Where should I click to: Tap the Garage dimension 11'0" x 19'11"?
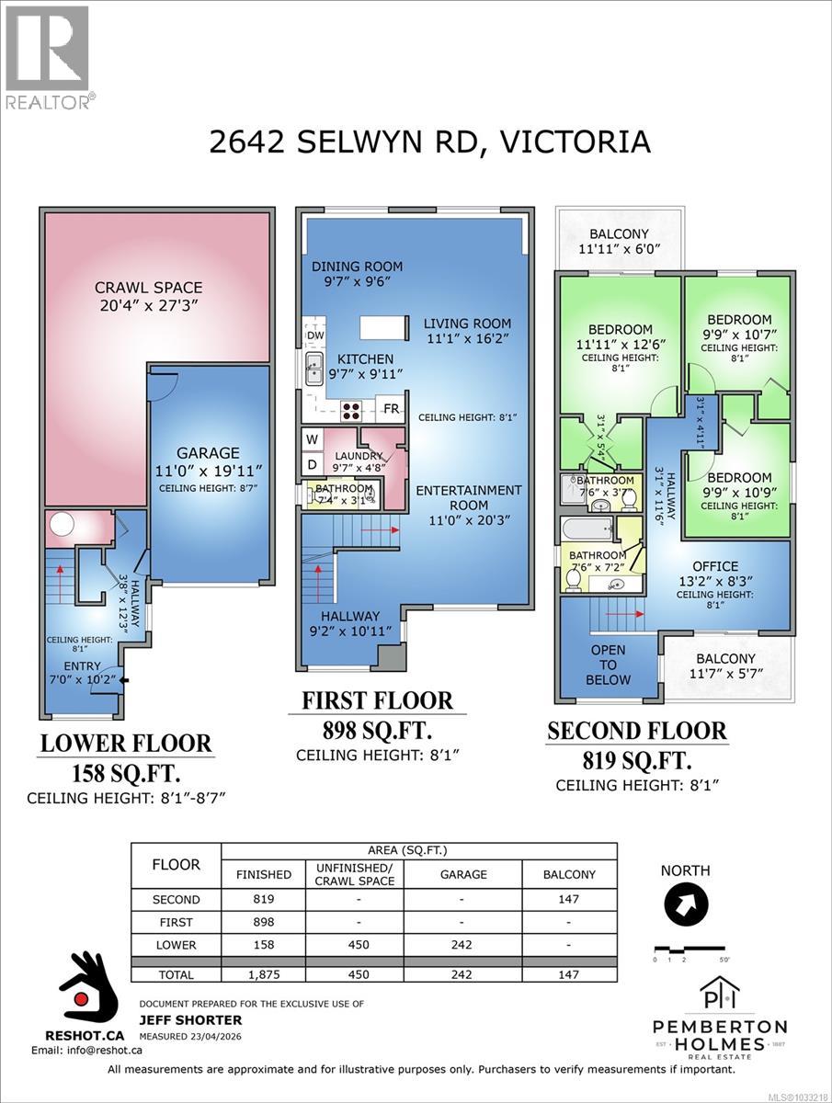210,471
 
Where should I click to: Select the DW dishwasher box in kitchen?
313,336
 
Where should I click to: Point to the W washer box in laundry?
313,439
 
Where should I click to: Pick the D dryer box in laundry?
313,464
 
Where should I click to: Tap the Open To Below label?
608,665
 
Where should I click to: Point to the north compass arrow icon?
684,905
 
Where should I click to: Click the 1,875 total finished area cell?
263,973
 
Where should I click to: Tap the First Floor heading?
378,700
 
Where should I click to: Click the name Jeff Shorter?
190,1019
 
